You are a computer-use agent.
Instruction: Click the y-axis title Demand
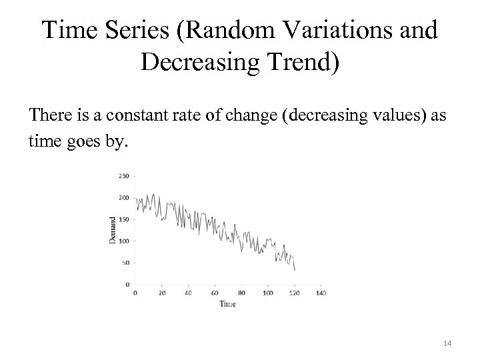113,229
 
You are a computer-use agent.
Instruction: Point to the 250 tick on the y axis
125,176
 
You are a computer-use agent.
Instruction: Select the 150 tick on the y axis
125,219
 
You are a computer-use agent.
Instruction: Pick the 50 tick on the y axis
126,263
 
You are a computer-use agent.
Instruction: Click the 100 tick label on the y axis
125,241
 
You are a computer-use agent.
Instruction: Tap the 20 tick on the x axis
162,292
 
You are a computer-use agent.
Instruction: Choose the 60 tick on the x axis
215,292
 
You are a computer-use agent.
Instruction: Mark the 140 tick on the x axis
321,292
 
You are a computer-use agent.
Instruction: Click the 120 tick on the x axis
294,292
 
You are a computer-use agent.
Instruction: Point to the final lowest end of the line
295,270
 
